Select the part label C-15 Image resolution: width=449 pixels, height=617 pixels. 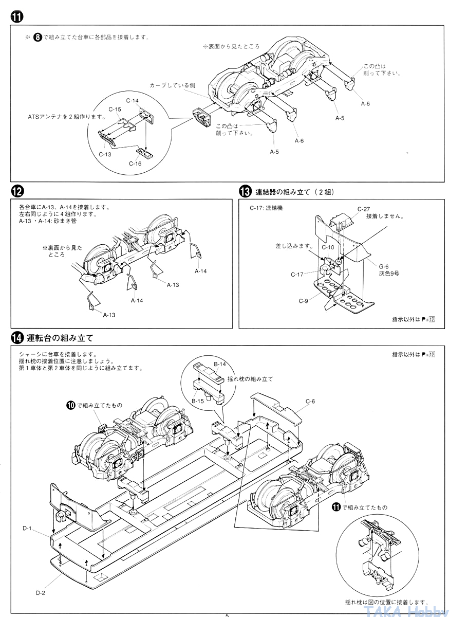tap(115, 110)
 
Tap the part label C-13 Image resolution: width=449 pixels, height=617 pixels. tap(105, 154)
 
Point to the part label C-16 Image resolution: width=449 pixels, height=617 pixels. tap(135, 164)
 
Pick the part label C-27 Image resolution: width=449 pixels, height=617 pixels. tap(364, 209)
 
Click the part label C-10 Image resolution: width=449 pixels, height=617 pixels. tap(328, 247)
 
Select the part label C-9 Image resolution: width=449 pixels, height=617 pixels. tap(304, 301)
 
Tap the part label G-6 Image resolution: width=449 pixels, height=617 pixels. tap(384, 266)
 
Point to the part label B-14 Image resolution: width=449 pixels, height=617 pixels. tap(220, 364)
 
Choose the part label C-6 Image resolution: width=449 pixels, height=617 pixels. tap(310, 402)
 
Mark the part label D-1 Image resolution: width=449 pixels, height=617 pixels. tap(27, 528)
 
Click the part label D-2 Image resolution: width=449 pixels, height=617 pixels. tap(41, 593)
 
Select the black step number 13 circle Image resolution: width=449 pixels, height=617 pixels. tap(245, 192)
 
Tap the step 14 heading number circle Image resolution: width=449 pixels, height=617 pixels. tap(17, 338)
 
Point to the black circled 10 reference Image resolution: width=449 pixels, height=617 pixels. tap(71, 405)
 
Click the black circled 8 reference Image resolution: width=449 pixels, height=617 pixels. tap(38, 38)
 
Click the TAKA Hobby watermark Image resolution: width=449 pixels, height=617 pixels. tap(405, 611)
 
